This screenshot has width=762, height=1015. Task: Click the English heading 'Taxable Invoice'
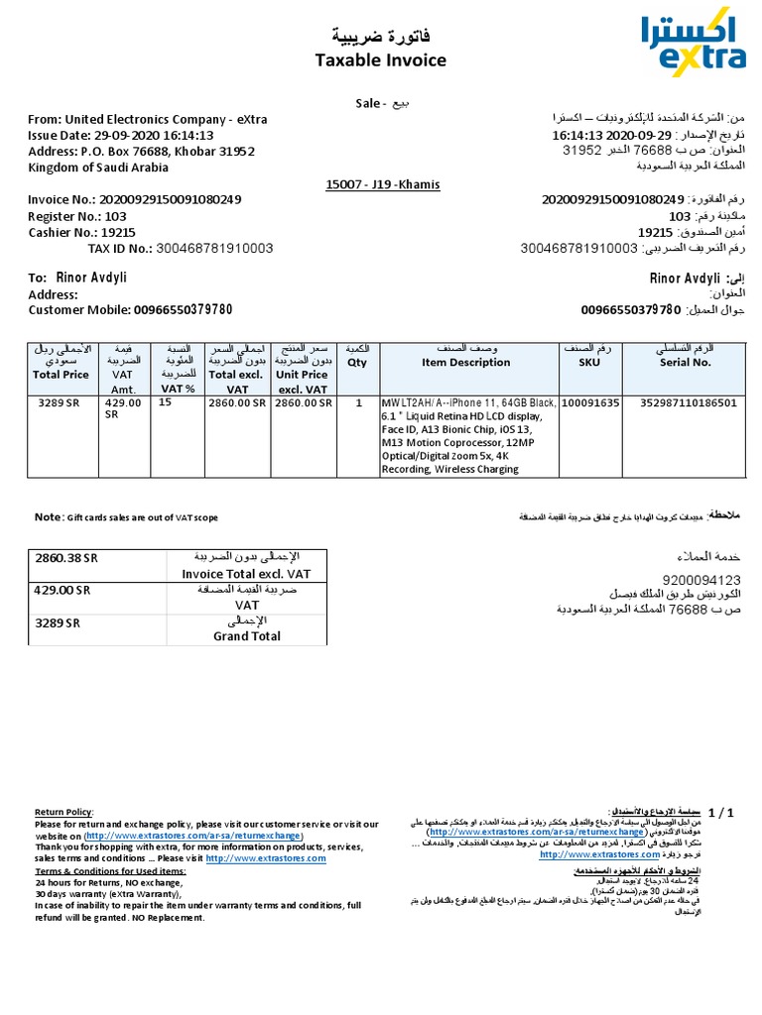pyautogui.click(x=380, y=60)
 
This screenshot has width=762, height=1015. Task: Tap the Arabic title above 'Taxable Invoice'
pyautogui.click(x=381, y=37)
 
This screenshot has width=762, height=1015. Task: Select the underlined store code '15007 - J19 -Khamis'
pyautogui.click(x=382, y=184)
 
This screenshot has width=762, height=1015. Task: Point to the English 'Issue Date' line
pyautogui.click(x=121, y=135)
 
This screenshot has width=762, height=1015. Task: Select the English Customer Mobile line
pyautogui.click(x=130, y=309)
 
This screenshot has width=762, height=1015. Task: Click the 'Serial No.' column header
pyautogui.click(x=686, y=363)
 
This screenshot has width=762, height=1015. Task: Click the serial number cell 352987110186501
pyautogui.click(x=688, y=403)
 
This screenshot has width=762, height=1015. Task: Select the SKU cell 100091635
pyautogui.click(x=590, y=403)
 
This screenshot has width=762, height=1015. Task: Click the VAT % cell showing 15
pyautogui.click(x=166, y=403)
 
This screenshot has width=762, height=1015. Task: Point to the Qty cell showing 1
pyautogui.click(x=358, y=403)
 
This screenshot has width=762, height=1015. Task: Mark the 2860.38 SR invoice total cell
pyautogui.click(x=67, y=558)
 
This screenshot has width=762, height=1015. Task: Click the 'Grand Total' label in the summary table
pyautogui.click(x=246, y=636)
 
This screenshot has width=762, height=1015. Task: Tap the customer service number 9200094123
pyautogui.click(x=701, y=579)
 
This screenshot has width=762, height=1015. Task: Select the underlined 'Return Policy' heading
pyautogui.click(x=65, y=812)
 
